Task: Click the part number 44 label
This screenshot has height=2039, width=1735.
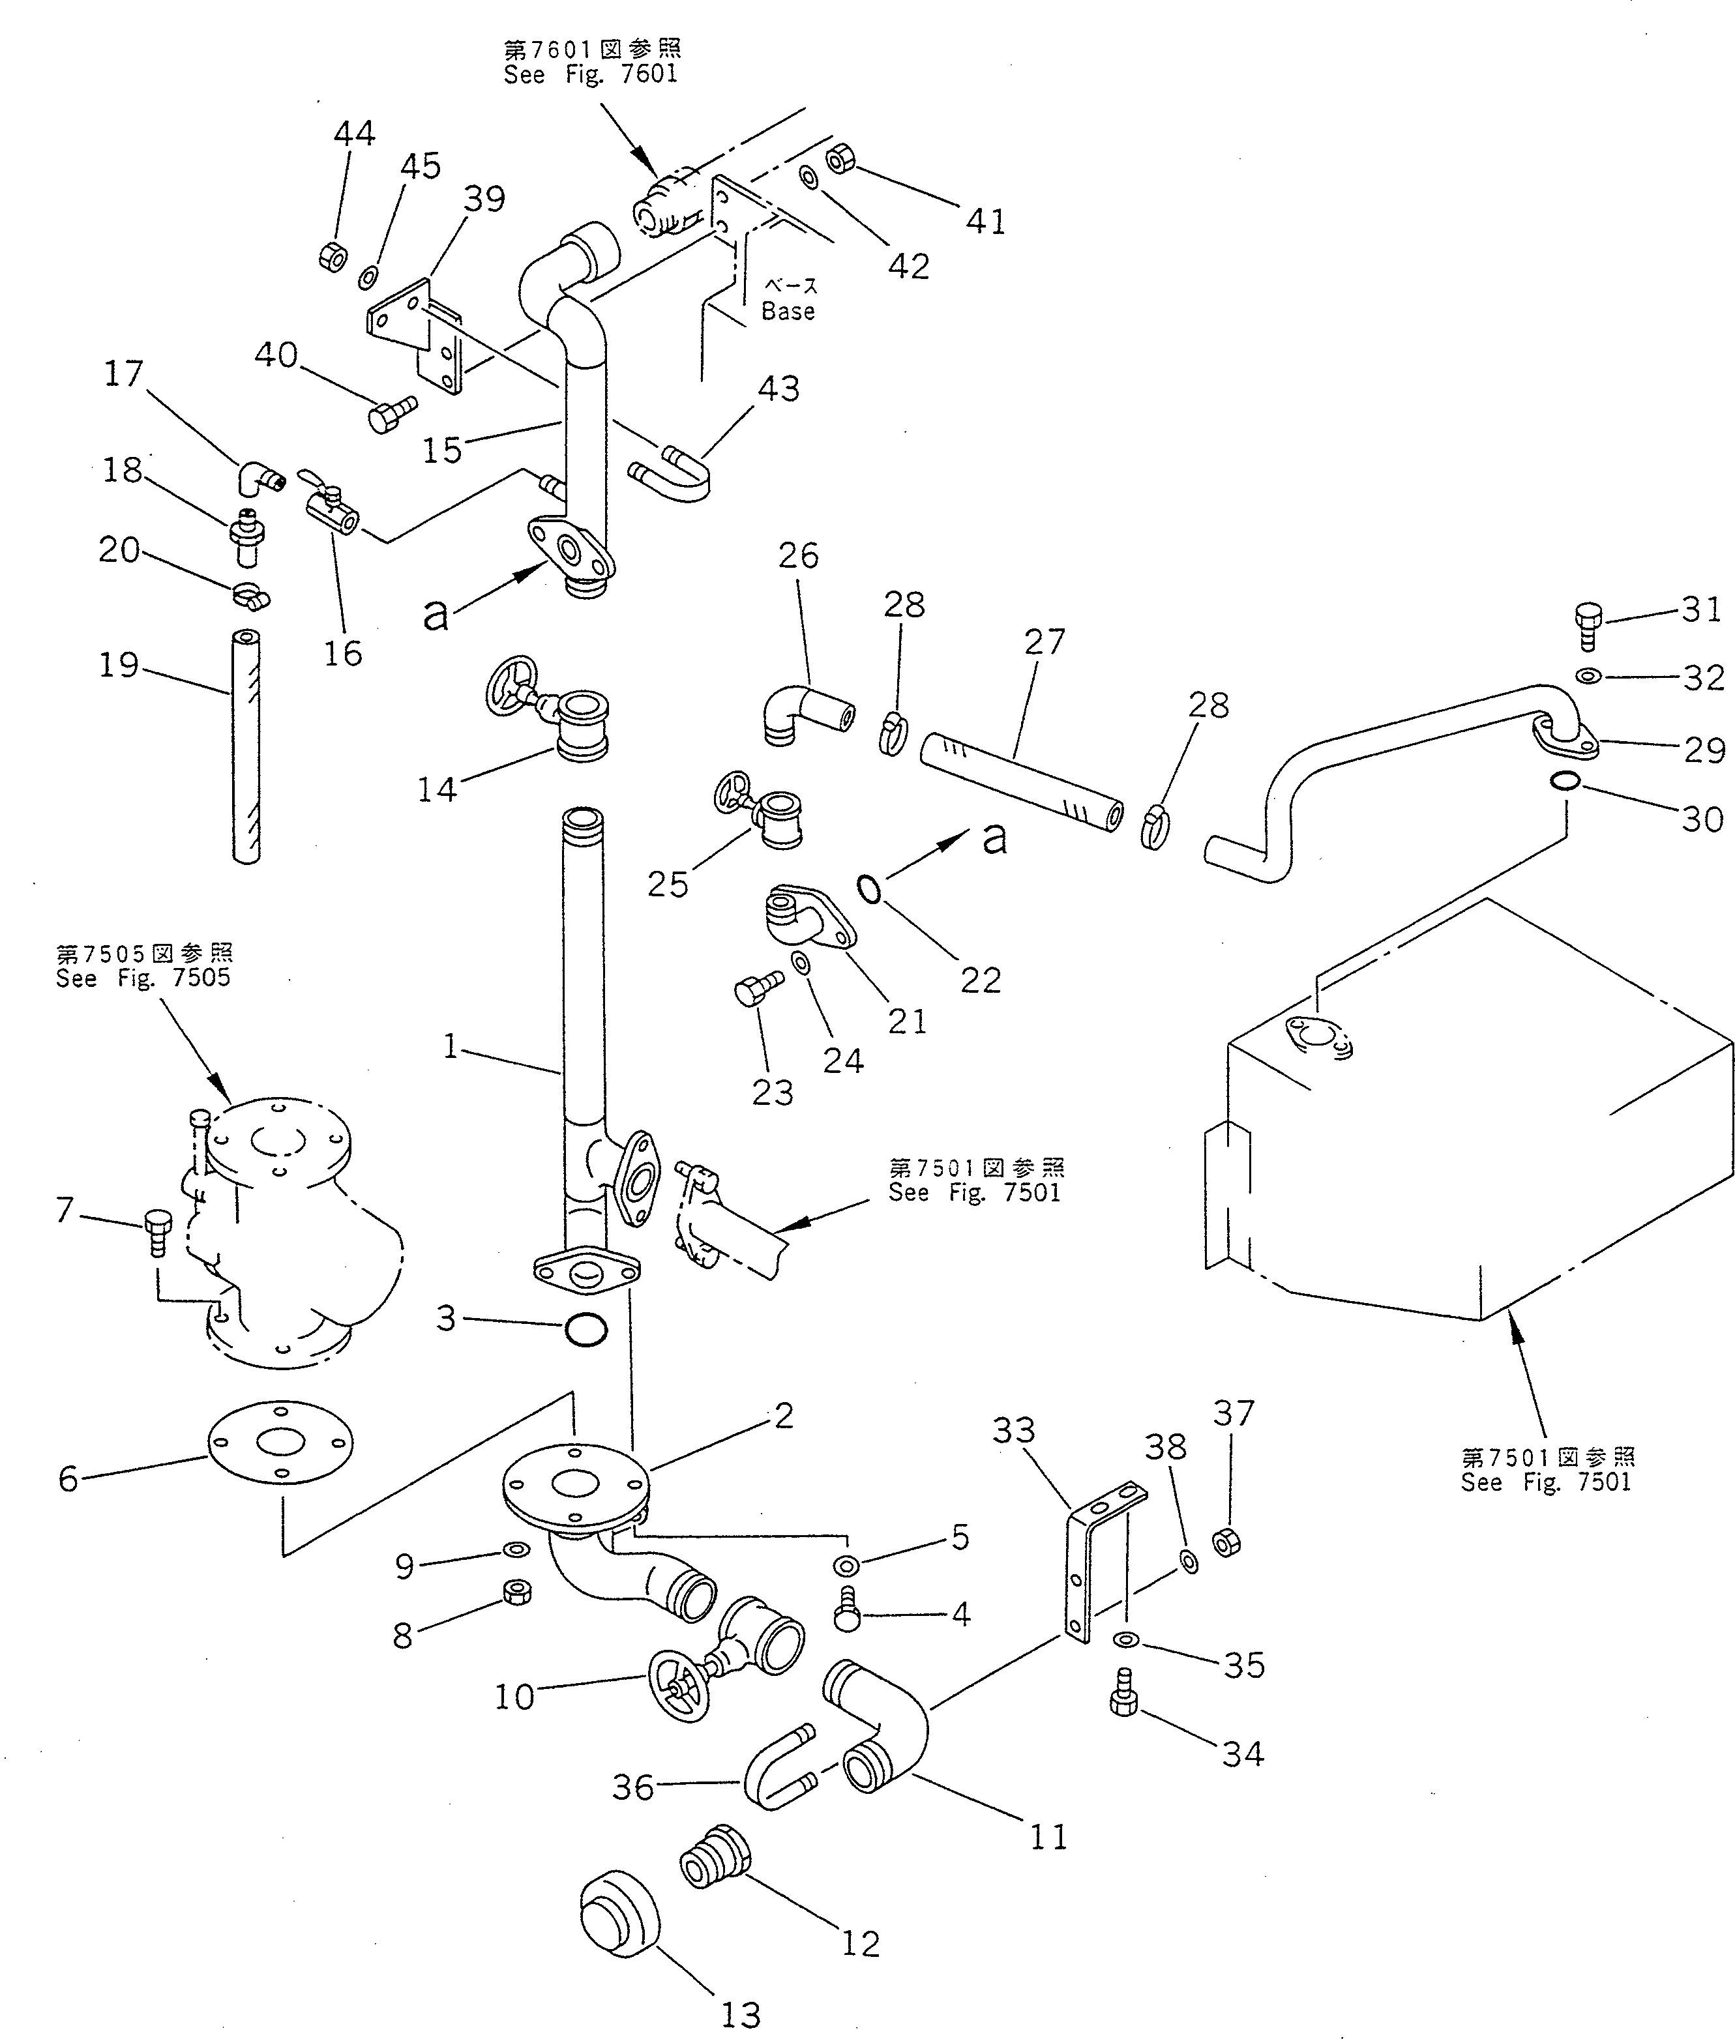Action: [x=354, y=134]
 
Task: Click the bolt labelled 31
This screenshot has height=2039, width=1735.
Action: [x=1588, y=625]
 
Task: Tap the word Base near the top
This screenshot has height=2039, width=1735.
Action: [x=788, y=312]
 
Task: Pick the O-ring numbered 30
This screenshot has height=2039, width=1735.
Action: [x=1565, y=781]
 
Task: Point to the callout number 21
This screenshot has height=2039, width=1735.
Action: [x=907, y=1021]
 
